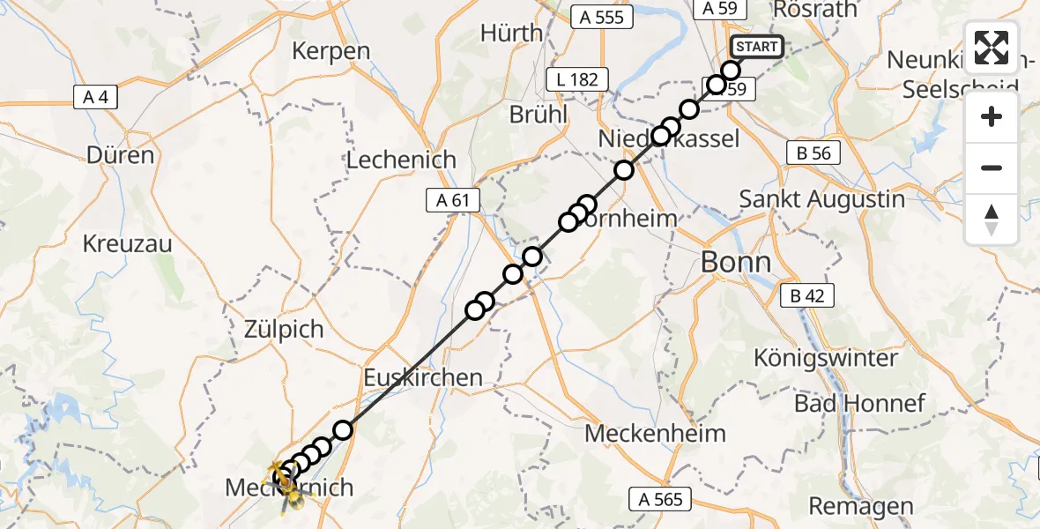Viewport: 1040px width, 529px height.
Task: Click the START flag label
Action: [756, 47]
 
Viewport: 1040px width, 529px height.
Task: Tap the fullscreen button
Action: [992, 48]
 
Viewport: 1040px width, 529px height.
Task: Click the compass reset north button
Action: [992, 220]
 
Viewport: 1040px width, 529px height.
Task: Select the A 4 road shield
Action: [95, 98]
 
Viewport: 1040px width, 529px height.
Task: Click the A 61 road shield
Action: [452, 201]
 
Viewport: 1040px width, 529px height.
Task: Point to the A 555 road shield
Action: [602, 17]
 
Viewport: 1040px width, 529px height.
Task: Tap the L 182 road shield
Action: [577, 79]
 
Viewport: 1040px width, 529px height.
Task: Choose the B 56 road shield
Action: [813, 153]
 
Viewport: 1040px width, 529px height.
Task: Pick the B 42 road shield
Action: [806, 296]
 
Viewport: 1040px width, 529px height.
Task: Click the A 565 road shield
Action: [661, 500]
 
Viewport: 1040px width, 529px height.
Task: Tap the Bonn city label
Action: [734, 262]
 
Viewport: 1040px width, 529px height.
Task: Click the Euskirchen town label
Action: [423, 377]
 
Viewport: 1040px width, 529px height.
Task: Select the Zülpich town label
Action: [283, 330]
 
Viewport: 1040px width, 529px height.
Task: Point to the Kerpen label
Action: [331, 50]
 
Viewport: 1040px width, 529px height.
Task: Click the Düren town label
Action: [120, 155]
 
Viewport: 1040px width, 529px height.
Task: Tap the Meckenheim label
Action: [655, 433]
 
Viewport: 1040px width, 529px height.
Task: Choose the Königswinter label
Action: [826, 358]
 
